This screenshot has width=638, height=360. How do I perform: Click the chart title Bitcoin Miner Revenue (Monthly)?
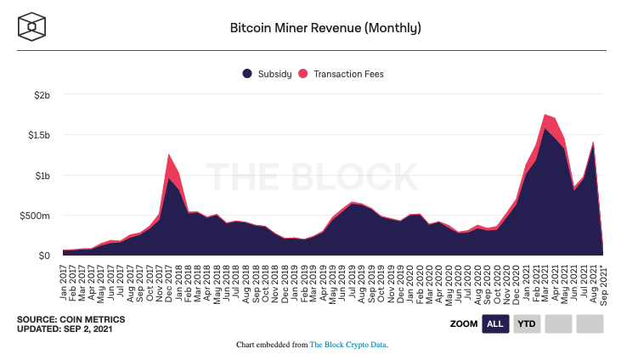coord(326,27)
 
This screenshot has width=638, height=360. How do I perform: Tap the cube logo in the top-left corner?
coord(31,26)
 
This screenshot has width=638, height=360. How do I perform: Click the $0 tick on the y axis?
coord(44,256)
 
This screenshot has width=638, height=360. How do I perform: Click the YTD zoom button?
coord(527,323)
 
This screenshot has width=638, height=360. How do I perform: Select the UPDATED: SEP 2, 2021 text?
coord(63,329)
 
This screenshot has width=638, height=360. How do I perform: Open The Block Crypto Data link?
coord(349,345)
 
